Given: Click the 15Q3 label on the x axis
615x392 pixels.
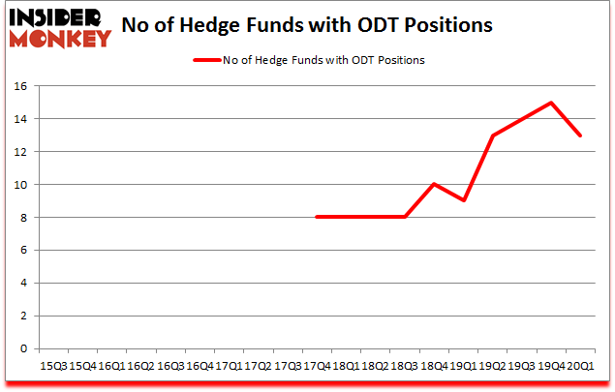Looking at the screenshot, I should pos(53,367).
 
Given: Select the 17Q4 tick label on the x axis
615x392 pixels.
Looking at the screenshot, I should pos(318,367).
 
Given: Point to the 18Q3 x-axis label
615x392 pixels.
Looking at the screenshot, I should pos(405,367).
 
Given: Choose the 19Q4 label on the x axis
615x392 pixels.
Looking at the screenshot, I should pos(551,367).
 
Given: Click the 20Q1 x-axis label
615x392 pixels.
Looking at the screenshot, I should pos(581,367).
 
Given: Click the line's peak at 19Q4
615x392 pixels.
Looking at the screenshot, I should pos(551,103).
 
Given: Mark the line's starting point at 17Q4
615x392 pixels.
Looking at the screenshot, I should pos(318,217).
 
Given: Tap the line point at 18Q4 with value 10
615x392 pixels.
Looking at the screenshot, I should pos(435,184).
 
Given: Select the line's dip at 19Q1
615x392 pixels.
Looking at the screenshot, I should pos(464,200).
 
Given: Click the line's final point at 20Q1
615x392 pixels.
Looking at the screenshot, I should pos(581,136).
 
